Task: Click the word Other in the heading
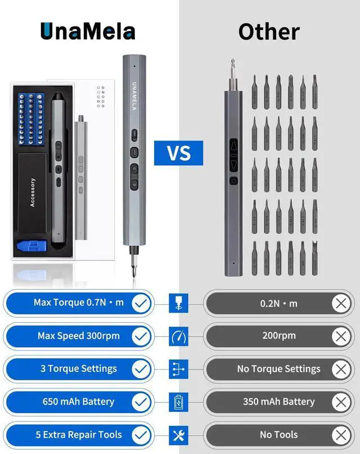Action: coord(269,31)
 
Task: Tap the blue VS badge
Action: coord(179,152)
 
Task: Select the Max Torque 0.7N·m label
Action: coord(79,303)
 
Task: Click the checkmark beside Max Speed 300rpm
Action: coord(141,336)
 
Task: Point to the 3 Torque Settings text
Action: coord(79,368)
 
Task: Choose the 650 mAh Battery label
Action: coord(79,402)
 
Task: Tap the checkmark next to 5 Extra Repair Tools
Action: coord(141,435)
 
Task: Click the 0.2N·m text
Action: coord(279,303)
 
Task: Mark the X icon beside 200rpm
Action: coord(340,336)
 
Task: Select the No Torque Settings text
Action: coord(279,369)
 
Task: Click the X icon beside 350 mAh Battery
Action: coord(340,402)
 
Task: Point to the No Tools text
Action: coord(279,435)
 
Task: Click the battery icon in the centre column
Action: coord(178,402)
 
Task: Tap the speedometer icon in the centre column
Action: coord(178,336)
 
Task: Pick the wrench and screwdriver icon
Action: coord(178,435)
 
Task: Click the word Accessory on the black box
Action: coord(33,192)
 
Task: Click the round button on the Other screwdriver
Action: coord(233,181)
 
